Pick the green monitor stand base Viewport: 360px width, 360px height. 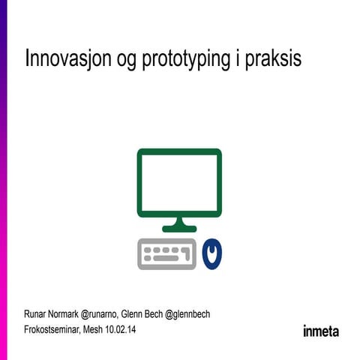(x=179, y=226)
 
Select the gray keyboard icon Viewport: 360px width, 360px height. (x=166, y=253)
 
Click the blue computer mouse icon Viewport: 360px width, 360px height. (x=213, y=253)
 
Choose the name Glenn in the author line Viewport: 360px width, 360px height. (x=132, y=314)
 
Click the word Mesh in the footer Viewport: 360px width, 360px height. (x=94, y=329)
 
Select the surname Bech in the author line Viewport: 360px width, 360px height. (x=154, y=314)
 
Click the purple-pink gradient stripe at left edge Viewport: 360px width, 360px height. (x=3, y=180)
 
